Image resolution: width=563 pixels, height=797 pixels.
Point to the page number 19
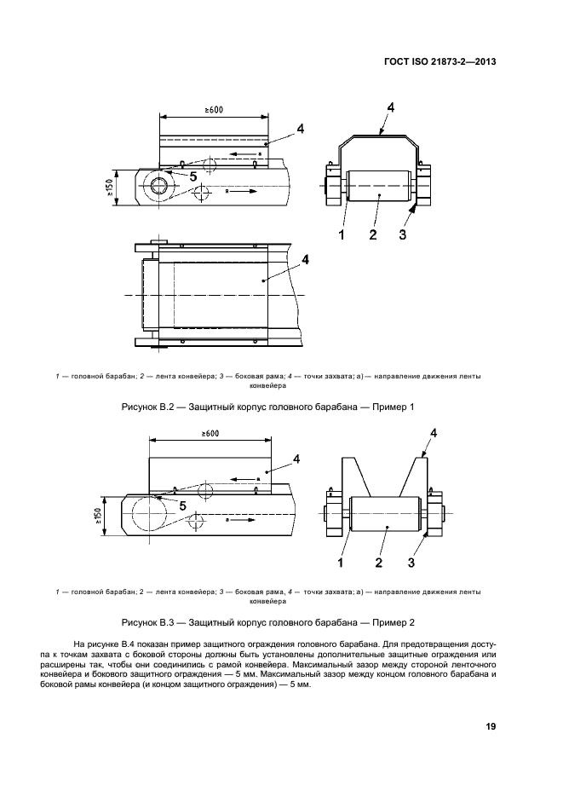[x=491, y=726]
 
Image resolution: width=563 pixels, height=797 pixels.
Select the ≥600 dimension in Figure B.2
[x=215, y=110]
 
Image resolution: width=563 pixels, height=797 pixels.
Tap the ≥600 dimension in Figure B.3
[x=210, y=434]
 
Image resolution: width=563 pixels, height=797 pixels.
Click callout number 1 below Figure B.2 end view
[x=342, y=234]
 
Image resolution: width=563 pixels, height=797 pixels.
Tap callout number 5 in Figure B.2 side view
[x=193, y=176]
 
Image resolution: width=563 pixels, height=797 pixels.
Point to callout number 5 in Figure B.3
[x=182, y=505]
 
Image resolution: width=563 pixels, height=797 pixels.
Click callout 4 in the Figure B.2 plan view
[x=305, y=258]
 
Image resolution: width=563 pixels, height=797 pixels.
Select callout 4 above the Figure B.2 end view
[x=389, y=107]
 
